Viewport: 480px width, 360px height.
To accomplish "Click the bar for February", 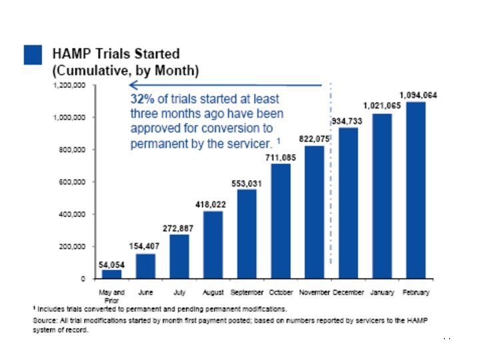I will (x=415, y=190).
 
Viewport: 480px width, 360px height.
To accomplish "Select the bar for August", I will (x=213, y=244).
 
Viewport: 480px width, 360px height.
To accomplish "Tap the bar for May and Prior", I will (x=112, y=273).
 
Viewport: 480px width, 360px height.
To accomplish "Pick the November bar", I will (x=314, y=212).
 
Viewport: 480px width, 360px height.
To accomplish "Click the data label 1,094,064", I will (x=418, y=95).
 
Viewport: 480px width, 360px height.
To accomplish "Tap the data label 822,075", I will (x=315, y=139).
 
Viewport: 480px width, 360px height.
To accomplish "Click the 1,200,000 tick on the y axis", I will (x=67, y=86).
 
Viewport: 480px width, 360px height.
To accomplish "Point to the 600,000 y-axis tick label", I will (x=69, y=182).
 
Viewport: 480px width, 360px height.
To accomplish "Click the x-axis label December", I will (x=348, y=292).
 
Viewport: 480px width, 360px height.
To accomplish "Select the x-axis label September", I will (x=247, y=292).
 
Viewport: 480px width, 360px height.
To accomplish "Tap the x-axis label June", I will (x=145, y=292).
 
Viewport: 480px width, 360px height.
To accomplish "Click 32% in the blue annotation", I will (x=141, y=99).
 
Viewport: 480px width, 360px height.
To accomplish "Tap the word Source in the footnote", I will (x=44, y=321).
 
